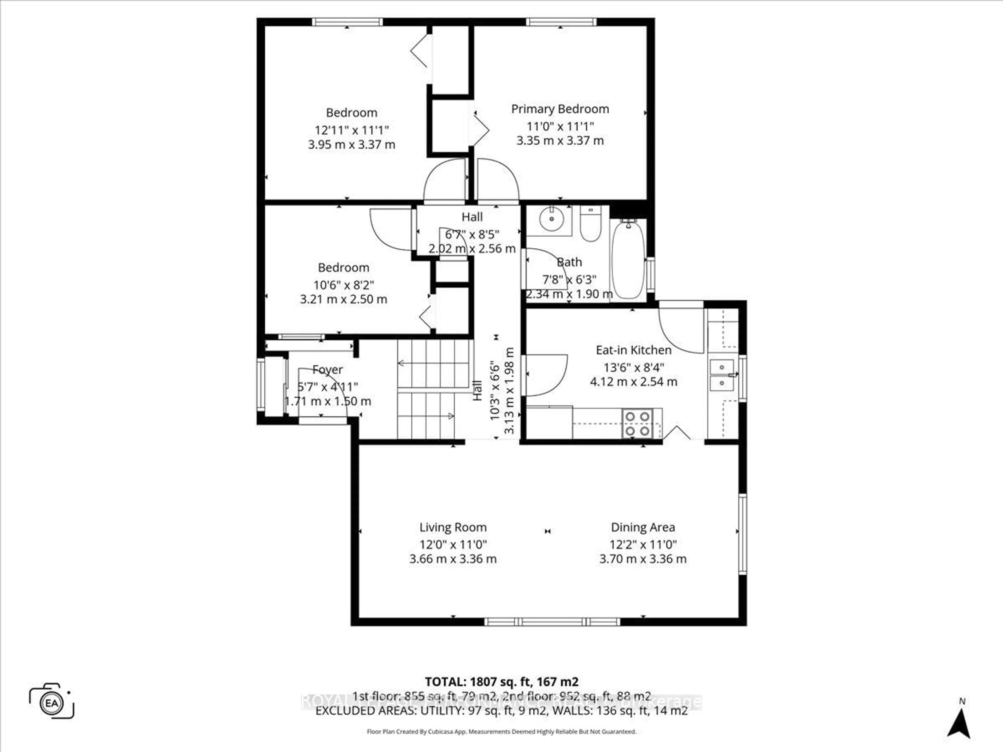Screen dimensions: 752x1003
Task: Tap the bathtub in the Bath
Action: (628, 259)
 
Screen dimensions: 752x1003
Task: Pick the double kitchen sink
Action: (721, 375)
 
